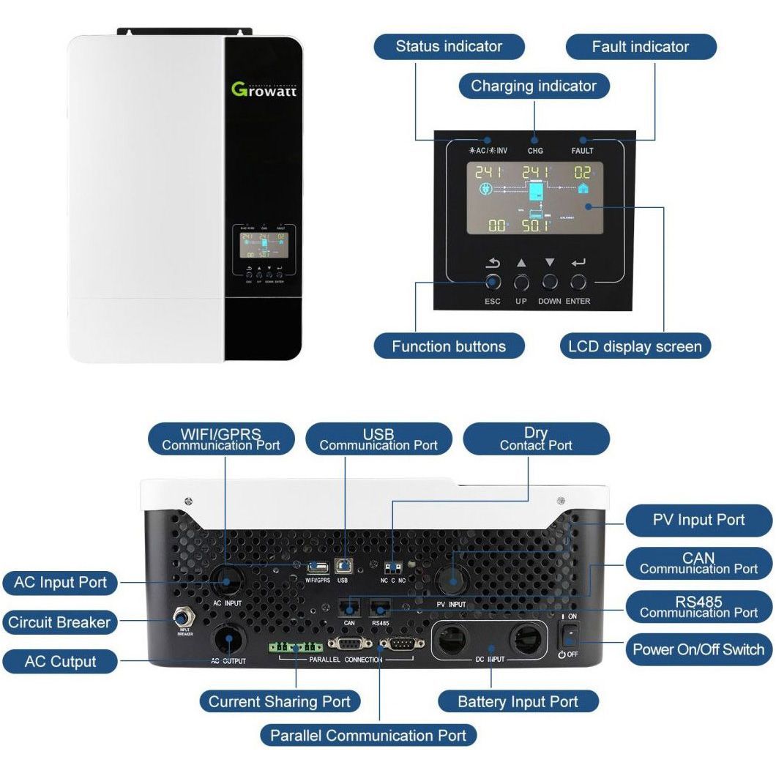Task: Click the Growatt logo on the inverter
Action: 264,89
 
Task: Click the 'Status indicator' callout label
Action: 449,47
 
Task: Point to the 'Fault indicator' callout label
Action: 640,47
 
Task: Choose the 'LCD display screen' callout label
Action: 635,346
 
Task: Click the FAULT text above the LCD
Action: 582,151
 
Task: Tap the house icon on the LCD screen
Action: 583,189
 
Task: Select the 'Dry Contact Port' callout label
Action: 536,439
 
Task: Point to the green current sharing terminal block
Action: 295,647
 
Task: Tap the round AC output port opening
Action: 228,639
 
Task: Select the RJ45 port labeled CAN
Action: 349,607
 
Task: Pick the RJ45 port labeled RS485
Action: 378,607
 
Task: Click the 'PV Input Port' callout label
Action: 698,521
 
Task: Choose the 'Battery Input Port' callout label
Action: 518,702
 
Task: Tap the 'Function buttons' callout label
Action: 448,346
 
